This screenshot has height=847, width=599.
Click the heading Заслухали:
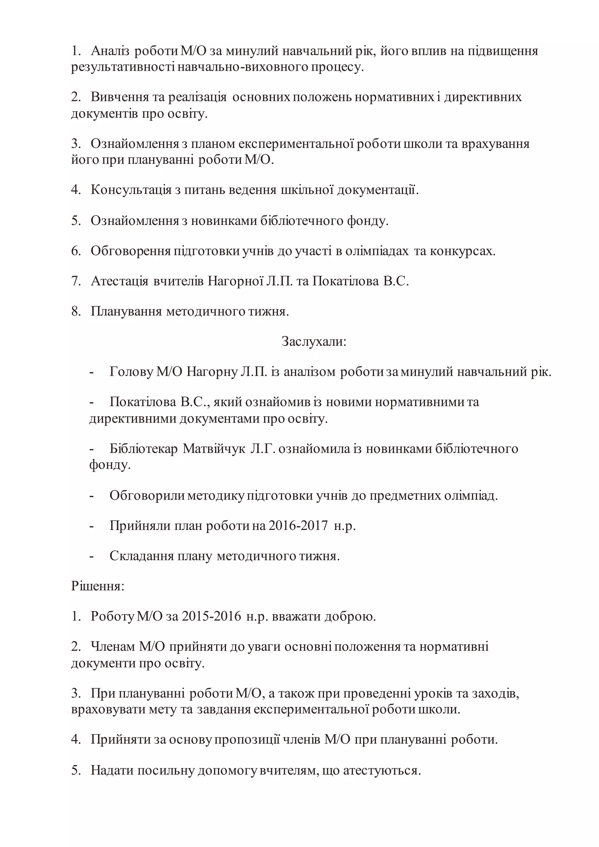point(314,342)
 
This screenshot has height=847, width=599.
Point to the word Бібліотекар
point(144,449)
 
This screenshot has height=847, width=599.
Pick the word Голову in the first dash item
point(131,372)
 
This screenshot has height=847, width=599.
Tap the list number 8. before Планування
point(76,312)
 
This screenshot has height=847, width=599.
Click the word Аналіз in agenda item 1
point(110,51)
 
